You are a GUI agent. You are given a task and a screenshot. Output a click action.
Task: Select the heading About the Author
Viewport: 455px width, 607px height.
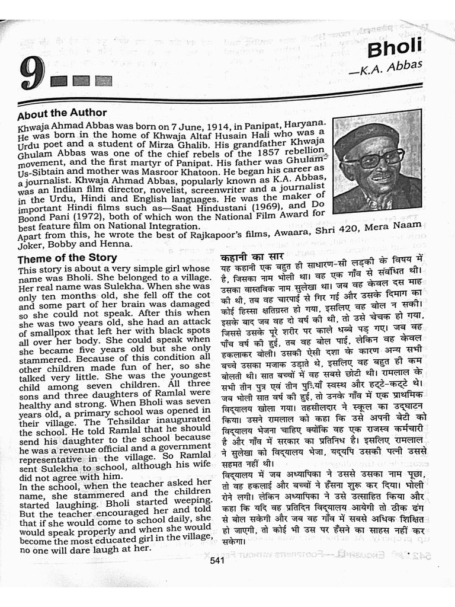[62, 113]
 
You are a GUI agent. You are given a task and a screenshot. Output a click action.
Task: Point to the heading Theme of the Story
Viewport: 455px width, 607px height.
[67, 258]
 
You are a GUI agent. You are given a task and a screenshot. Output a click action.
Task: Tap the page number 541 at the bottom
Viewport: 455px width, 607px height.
[217, 561]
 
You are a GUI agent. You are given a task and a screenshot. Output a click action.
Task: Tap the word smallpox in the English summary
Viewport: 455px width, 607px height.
[50, 334]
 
